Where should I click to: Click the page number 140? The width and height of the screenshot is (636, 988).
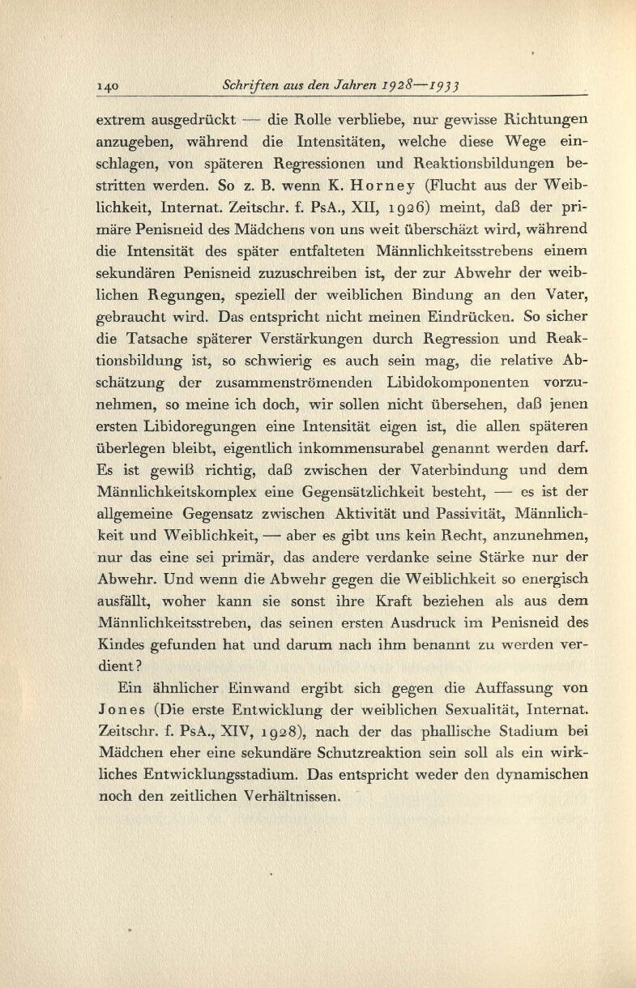(109, 86)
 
